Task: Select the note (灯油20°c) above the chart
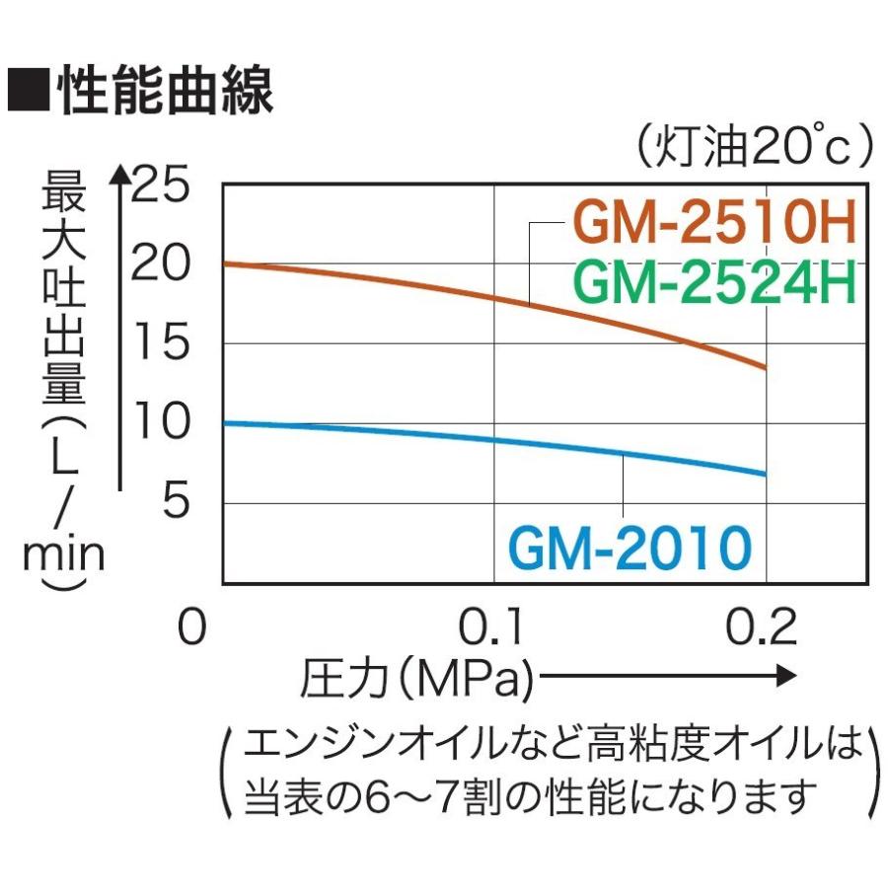753,148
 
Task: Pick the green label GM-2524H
712,282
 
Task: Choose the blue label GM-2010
630,548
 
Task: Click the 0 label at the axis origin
192,628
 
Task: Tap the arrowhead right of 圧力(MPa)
786,677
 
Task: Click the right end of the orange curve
765,367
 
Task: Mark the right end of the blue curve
765,474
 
